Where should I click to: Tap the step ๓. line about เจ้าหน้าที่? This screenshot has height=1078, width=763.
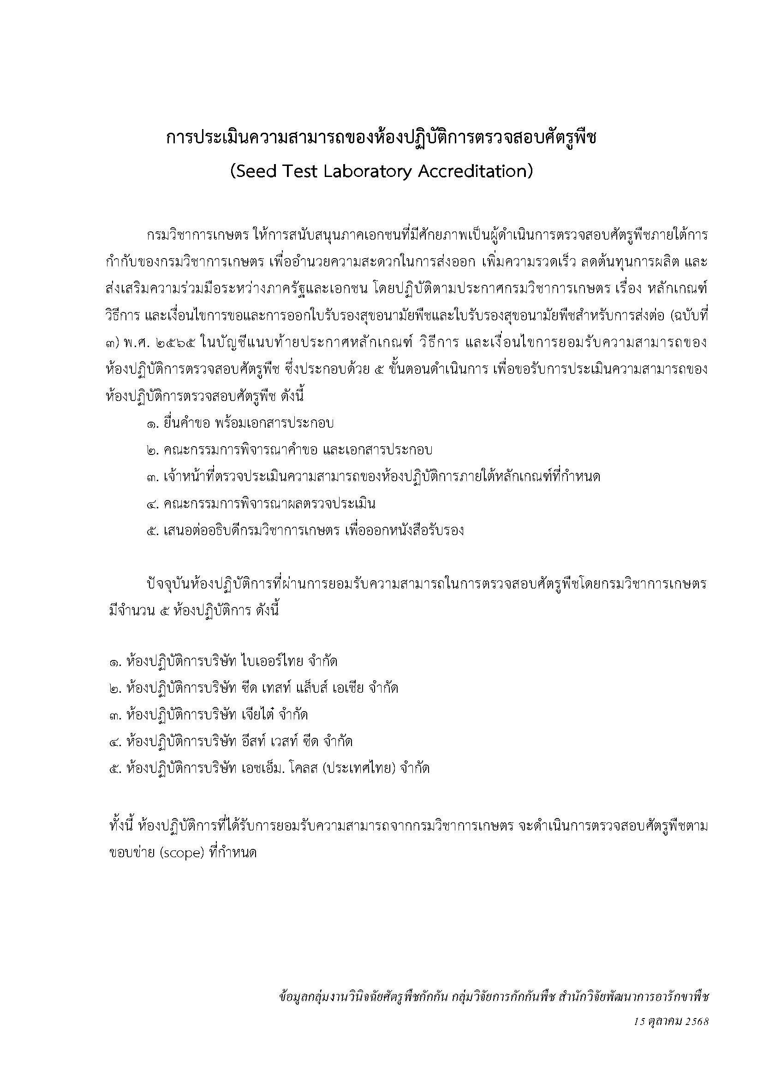373,477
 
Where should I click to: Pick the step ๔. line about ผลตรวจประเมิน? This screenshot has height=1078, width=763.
261,504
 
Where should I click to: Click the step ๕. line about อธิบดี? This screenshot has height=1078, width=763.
305,530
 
